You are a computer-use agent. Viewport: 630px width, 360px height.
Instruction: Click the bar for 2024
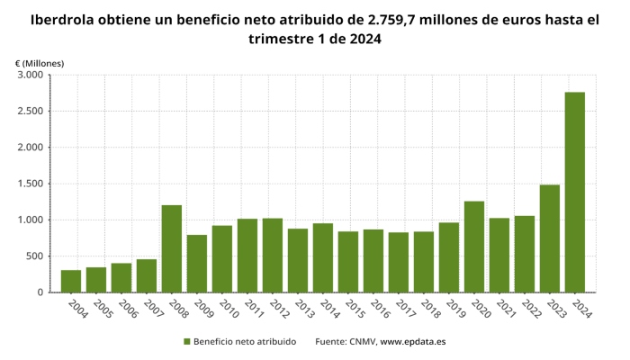574,193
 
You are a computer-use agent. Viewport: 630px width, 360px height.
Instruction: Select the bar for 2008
172,248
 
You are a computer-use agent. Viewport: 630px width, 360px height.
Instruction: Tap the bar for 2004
71,281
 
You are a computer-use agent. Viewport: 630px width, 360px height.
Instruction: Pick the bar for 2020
474,247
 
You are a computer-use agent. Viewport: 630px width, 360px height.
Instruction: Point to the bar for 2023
549,238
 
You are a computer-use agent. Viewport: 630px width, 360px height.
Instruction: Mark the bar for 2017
399,262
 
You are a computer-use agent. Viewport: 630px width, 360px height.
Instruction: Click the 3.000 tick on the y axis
29,76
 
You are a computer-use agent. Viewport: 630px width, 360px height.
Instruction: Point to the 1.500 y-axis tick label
29,184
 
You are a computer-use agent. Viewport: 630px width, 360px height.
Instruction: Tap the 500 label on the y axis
33,256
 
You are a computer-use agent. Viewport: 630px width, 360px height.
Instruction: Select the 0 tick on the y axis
40,292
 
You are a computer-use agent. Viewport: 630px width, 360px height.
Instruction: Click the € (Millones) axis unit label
40,62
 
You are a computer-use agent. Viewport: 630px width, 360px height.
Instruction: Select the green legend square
187,342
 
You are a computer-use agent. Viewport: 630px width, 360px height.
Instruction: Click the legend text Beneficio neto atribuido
245,342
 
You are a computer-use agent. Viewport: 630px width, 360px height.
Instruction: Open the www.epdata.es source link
413,342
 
